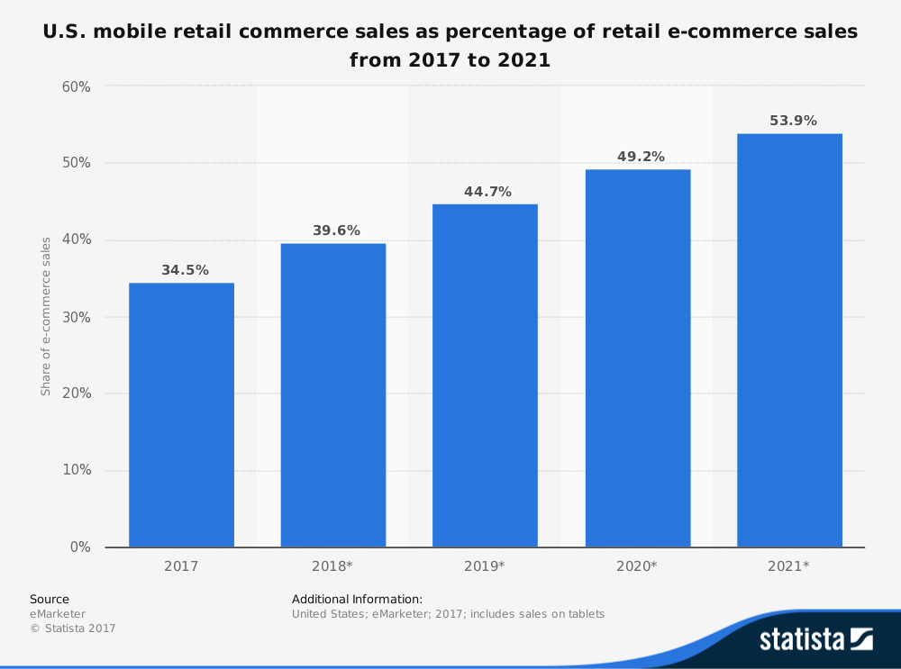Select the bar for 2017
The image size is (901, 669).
tap(181, 415)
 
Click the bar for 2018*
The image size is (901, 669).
tap(333, 395)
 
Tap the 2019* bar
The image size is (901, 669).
tap(485, 375)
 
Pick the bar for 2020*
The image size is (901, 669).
tap(638, 358)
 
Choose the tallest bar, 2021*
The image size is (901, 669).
tap(789, 340)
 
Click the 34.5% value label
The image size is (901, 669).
tap(185, 270)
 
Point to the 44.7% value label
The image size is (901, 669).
tap(487, 192)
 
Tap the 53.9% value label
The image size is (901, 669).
tap(793, 121)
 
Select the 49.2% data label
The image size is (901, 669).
tap(641, 157)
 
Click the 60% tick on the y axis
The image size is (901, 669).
tap(76, 86)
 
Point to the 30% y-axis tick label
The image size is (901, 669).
tap(76, 317)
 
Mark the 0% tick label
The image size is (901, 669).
tap(79, 547)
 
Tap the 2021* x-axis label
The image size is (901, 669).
tap(790, 567)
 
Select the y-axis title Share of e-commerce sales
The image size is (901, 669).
tap(45, 317)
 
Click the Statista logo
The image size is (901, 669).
tap(815, 640)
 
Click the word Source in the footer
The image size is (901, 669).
tap(49, 599)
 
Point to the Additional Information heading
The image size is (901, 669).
tap(357, 599)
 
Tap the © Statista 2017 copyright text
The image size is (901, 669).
tap(73, 628)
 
